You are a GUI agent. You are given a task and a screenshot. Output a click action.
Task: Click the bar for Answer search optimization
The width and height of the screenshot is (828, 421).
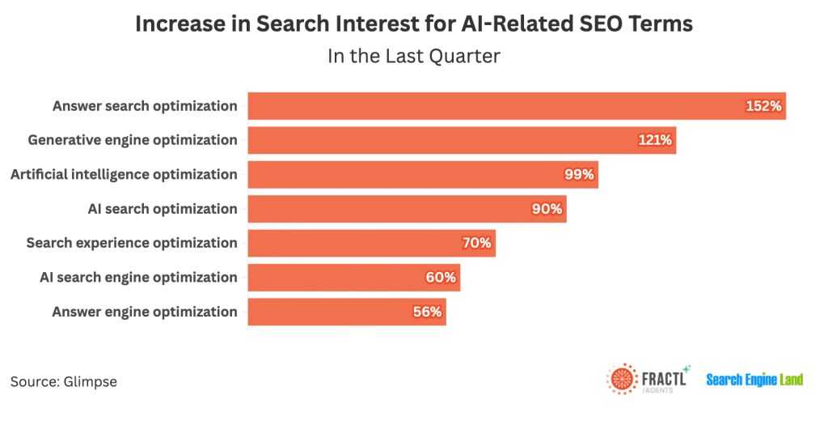517,106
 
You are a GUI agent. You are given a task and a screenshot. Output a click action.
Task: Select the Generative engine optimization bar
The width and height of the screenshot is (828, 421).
462,140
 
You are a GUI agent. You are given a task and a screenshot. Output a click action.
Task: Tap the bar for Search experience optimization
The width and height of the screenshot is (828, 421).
371,243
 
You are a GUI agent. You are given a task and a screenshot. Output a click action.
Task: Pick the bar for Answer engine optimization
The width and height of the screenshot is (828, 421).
347,312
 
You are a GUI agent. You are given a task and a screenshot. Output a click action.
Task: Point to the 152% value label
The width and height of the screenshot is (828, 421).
764,106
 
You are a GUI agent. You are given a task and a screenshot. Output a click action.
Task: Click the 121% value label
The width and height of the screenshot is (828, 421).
654,140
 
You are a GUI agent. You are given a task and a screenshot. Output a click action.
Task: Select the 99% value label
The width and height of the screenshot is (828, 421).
579,174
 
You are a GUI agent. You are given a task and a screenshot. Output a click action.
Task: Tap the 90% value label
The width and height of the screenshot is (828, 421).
547,209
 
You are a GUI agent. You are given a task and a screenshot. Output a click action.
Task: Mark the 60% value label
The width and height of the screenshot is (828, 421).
441,278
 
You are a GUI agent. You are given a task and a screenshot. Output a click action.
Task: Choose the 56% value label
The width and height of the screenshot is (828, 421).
427,312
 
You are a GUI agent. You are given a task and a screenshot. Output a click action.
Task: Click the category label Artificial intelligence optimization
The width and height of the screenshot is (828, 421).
124,174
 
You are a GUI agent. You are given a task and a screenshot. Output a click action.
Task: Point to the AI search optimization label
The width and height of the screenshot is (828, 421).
163,209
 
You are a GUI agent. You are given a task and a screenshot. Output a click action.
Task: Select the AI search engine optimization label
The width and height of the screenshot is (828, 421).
138,278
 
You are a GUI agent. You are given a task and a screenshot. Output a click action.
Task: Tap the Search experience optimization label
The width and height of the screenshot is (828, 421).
132,243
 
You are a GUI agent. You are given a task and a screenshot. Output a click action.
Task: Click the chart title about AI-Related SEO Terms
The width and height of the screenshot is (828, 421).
414,24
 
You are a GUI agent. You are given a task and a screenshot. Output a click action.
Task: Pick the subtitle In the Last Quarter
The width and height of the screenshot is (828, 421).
414,56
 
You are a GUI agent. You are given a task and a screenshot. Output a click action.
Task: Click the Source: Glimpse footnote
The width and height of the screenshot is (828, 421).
64,381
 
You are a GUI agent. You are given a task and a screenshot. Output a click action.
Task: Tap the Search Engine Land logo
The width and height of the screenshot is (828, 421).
754,380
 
